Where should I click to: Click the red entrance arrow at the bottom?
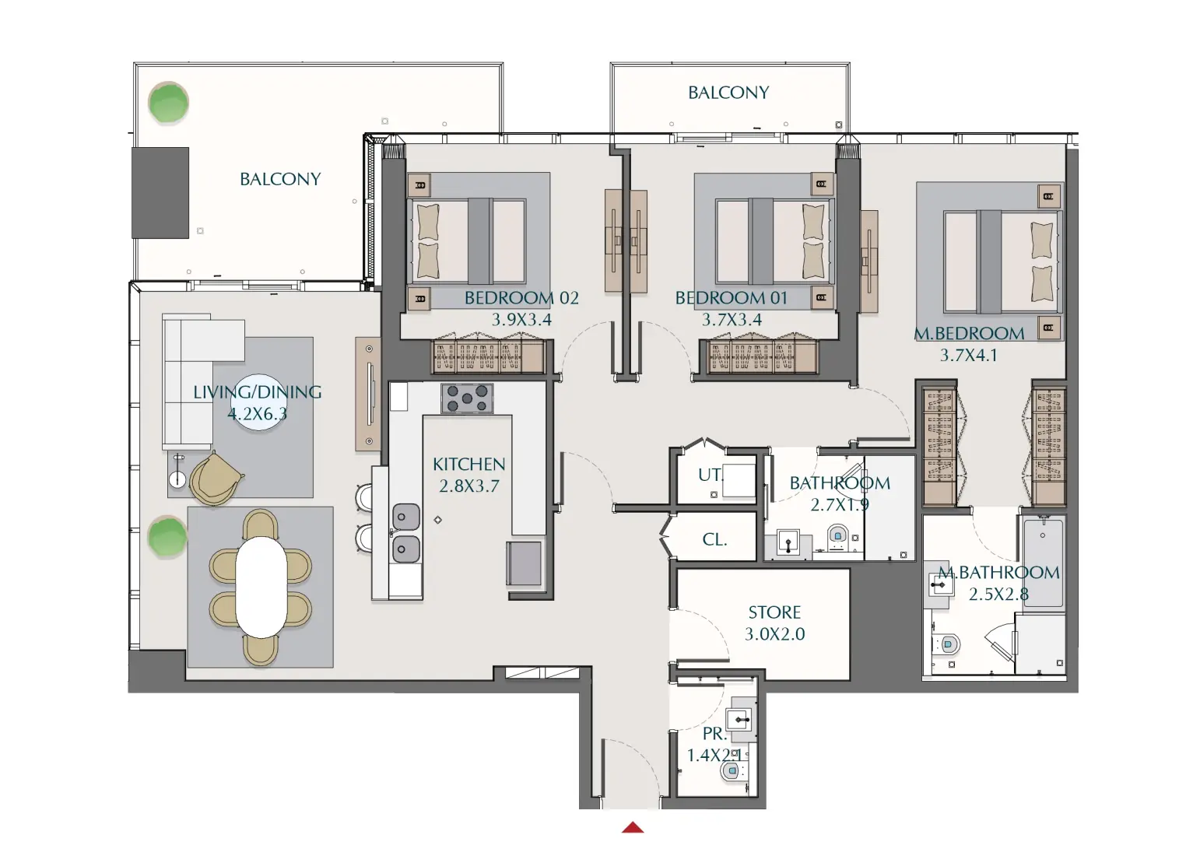click(x=633, y=827)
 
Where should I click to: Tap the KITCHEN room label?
click(x=468, y=465)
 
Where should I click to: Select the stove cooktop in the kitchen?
click(x=467, y=398)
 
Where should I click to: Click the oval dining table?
click(x=261, y=587)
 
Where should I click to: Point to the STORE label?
click(x=774, y=612)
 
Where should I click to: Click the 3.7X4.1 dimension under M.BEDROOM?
click(x=968, y=356)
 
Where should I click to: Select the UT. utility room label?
click(x=709, y=475)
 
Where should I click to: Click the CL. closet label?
click(x=714, y=539)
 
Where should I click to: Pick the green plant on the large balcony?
click(x=168, y=103)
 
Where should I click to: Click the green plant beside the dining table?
click(x=167, y=537)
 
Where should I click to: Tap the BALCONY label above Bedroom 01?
click(x=728, y=93)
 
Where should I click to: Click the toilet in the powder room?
click(x=731, y=771)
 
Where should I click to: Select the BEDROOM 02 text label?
click(x=521, y=298)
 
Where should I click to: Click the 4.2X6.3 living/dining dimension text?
click(x=257, y=414)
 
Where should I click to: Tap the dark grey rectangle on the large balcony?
click(x=160, y=193)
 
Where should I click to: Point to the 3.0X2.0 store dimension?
click(x=774, y=634)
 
